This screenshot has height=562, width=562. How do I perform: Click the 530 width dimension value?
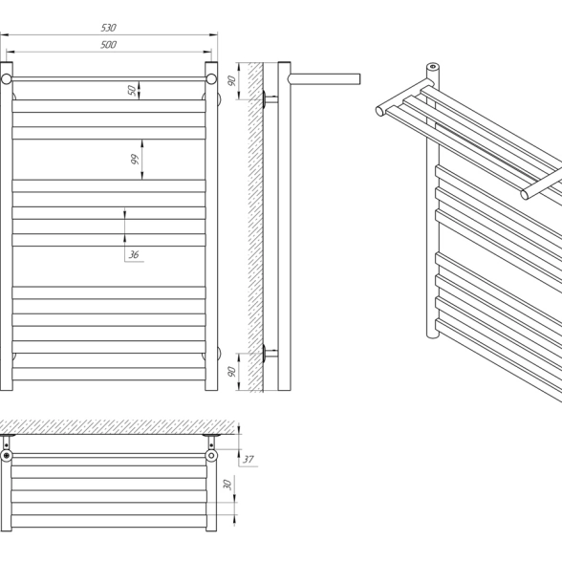tap(108, 28)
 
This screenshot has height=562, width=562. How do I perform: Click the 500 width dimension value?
tap(108, 44)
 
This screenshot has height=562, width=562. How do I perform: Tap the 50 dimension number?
tap(132, 90)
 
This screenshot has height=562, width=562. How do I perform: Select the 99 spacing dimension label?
tap(135, 159)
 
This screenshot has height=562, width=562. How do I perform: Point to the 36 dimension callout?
tap(134, 254)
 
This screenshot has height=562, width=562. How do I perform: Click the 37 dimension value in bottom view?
tap(249, 459)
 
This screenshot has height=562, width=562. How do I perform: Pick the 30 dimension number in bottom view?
tap(227, 485)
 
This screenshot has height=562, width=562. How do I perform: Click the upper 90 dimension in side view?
tap(232, 80)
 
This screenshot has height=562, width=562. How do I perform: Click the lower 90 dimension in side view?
tap(232, 371)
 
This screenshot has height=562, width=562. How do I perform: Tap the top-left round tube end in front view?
tap(7, 78)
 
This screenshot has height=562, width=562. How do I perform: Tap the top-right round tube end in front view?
tap(211, 78)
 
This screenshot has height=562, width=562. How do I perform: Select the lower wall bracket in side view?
tap(270, 353)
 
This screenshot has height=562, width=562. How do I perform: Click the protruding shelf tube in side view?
tap(324, 78)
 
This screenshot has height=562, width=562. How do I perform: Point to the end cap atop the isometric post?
tap(433, 67)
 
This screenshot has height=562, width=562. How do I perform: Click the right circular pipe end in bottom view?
tap(211, 456)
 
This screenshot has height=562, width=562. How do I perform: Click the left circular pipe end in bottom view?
tap(7, 456)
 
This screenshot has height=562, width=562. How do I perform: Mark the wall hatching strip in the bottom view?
tap(118, 427)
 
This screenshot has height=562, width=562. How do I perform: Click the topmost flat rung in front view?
tap(109, 106)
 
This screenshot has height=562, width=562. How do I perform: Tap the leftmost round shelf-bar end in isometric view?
tap(379, 111)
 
